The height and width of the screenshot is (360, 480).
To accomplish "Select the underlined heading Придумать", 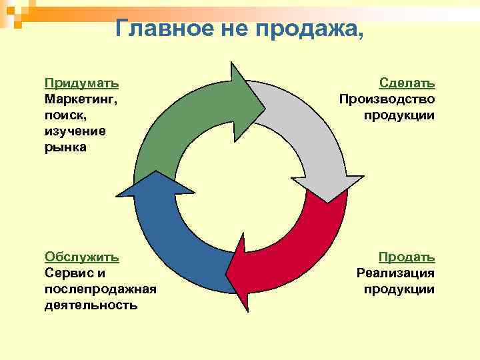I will click(82, 83).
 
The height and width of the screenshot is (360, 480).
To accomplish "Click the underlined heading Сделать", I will click(407, 83).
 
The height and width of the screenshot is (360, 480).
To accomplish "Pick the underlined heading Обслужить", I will click(82, 257).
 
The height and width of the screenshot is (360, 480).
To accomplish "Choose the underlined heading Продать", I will click(407, 257).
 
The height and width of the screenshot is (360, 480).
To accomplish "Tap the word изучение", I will click(75, 131).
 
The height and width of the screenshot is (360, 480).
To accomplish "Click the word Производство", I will click(387, 99).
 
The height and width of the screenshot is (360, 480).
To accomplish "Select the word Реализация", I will click(395, 273).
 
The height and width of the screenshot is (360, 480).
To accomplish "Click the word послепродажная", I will click(100, 289).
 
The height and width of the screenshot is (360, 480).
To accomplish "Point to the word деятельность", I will click(91, 305).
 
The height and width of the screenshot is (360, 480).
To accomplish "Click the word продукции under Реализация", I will click(399, 289).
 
